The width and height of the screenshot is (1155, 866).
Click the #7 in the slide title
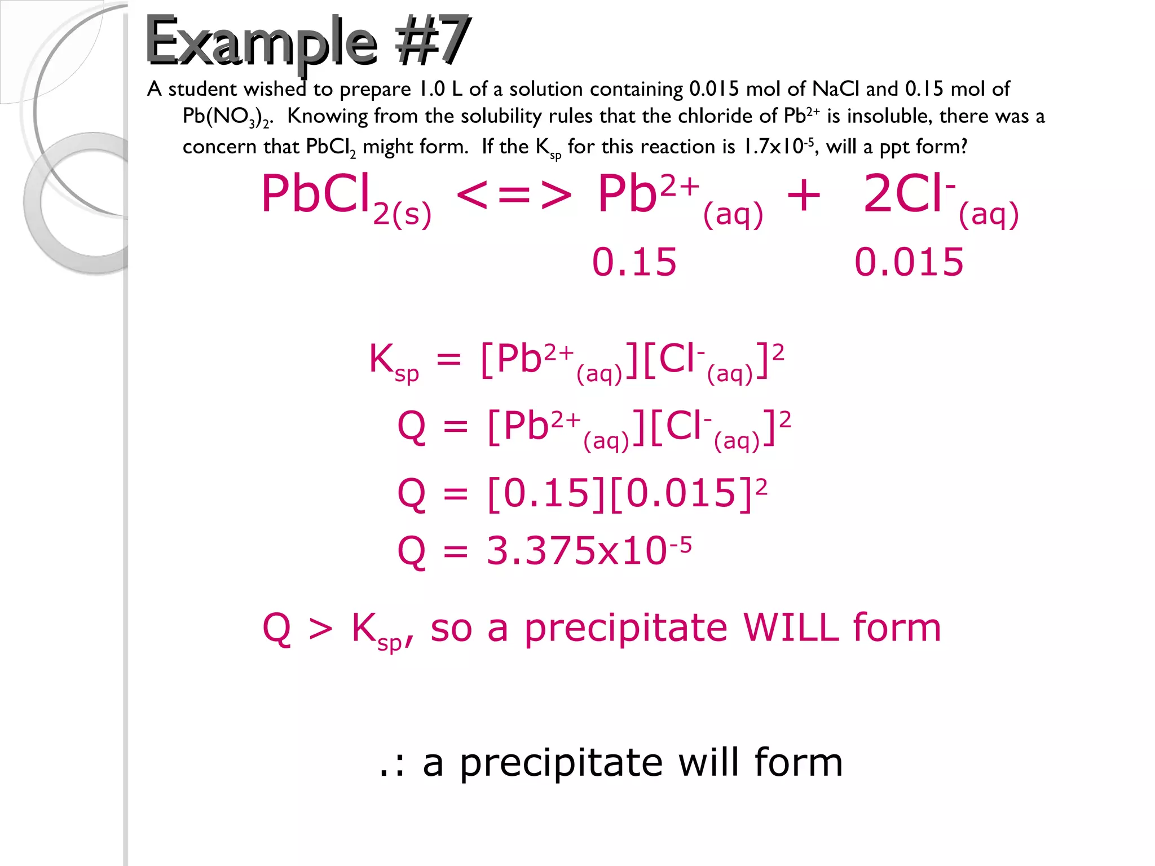432,41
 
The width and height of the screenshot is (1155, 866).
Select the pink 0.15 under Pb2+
634,262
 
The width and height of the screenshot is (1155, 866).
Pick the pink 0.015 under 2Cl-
909,262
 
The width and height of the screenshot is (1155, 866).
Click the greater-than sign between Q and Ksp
321,629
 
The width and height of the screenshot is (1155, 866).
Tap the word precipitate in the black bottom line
561,763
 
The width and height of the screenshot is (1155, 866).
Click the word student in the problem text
202,89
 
